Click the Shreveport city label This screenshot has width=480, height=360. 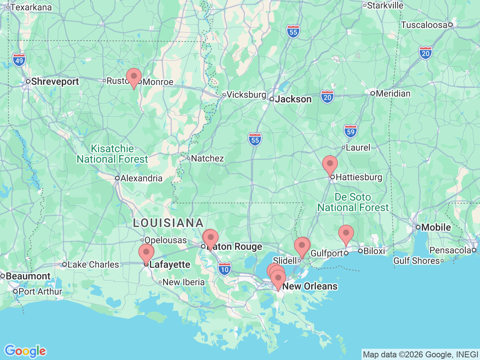coord(55,81)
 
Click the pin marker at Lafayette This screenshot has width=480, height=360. coord(146,253)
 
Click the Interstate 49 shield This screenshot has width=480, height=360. coord(19,60)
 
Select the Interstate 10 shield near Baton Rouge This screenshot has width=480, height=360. coord(225,269)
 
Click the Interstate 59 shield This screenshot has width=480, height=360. coord(351,131)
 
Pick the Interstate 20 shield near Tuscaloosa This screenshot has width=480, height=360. coord(426,53)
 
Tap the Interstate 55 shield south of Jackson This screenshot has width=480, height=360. coord(255,140)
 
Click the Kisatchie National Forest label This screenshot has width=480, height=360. coord(112,154)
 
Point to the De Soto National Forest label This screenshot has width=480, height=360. coord(353,202)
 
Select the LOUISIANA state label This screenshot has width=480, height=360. coord(168,223)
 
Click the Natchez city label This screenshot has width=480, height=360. coord(207,158)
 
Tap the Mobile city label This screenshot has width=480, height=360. coord(436,227)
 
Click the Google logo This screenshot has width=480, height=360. coord(25,351)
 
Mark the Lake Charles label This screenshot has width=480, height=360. coord(93,264)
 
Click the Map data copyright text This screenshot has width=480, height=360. coord(420,354)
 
